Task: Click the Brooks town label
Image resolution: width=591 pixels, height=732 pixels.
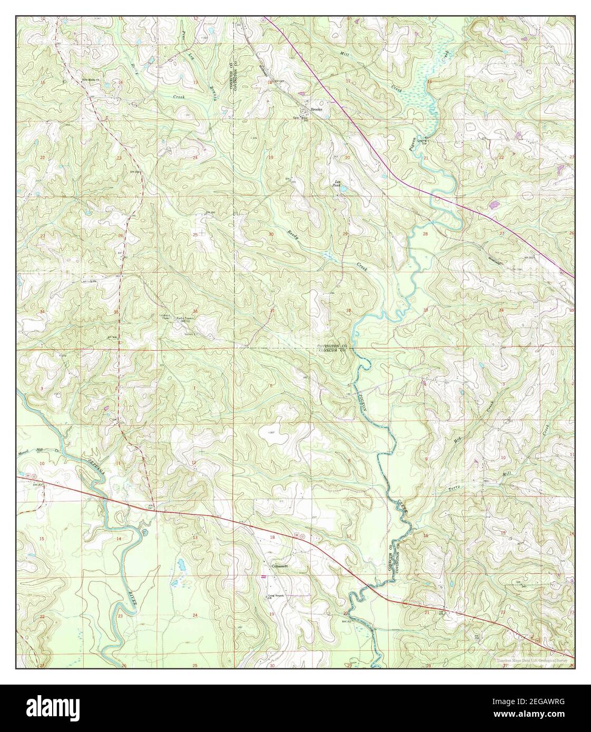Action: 316,110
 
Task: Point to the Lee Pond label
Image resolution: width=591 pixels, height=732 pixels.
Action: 336,184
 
